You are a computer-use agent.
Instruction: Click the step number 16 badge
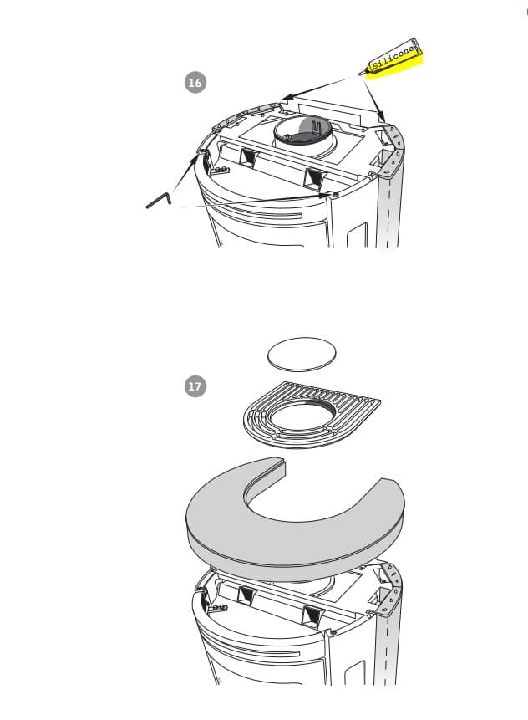click(x=195, y=83)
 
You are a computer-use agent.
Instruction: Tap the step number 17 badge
click(x=195, y=386)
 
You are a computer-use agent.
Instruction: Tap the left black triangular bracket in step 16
click(x=249, y=156)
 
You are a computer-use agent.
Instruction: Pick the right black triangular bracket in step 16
click(x=314, y=176)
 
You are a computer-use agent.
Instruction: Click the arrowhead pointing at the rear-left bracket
click(x=284, y=98)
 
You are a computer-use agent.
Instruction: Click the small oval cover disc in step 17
click(x=302, y=353)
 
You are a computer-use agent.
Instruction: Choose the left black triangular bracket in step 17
click(x=248, y=595)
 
